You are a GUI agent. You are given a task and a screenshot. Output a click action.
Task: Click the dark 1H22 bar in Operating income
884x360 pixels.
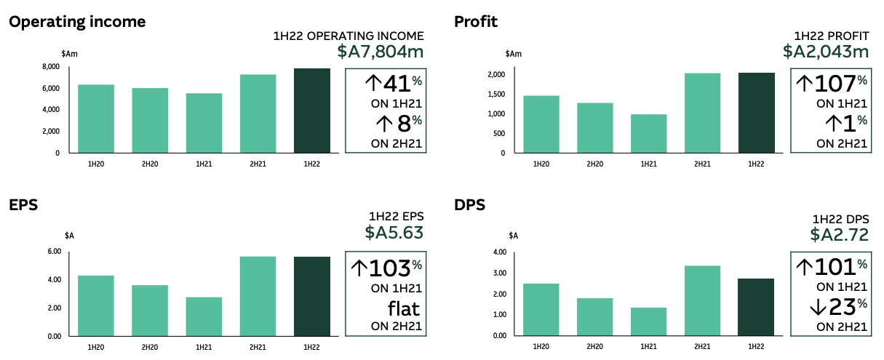tap(312, 111)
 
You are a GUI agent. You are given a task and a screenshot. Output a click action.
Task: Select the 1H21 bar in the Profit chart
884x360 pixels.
tap(648, 133)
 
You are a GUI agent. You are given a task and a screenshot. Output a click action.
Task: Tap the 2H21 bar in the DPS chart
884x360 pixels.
tap(702, 300)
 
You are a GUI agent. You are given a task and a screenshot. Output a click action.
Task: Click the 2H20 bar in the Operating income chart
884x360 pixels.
tap(150, 120)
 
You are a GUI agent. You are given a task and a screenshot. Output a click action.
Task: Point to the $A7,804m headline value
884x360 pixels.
tap(381, 52)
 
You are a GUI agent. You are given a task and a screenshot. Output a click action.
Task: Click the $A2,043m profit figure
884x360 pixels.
tap(826, 52)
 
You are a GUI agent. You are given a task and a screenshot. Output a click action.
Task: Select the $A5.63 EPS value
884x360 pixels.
tap(394, 233)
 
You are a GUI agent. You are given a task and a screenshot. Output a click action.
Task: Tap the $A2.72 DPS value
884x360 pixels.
tap(840, 235)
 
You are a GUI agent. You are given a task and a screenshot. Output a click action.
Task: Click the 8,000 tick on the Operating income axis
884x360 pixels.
tap(50, 67)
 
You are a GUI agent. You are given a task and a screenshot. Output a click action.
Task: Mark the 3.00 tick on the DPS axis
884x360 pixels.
tap(498, 273)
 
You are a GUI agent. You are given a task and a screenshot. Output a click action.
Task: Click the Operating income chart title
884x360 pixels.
tap(77, 22)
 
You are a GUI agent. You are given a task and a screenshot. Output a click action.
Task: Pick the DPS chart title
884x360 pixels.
tap(469, 205)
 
